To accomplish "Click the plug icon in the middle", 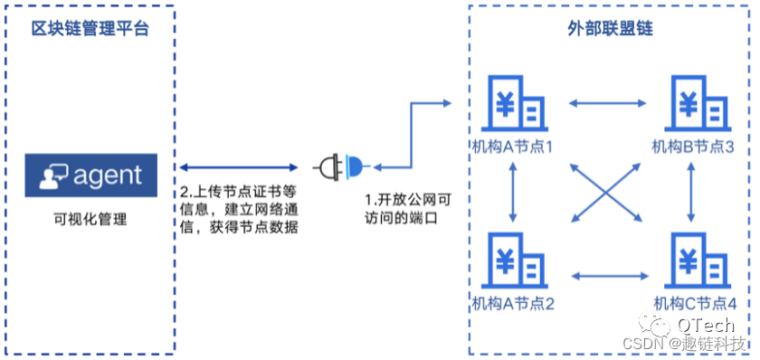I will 343,166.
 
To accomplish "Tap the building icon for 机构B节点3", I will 695,105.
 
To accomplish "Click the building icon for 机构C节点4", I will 695,262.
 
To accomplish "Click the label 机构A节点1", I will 511,147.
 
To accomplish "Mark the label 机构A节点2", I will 512,303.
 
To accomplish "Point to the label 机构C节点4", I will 695,303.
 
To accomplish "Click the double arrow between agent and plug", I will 239,167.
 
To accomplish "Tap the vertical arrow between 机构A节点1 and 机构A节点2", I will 513,192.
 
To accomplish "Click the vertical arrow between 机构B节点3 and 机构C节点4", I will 693,192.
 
